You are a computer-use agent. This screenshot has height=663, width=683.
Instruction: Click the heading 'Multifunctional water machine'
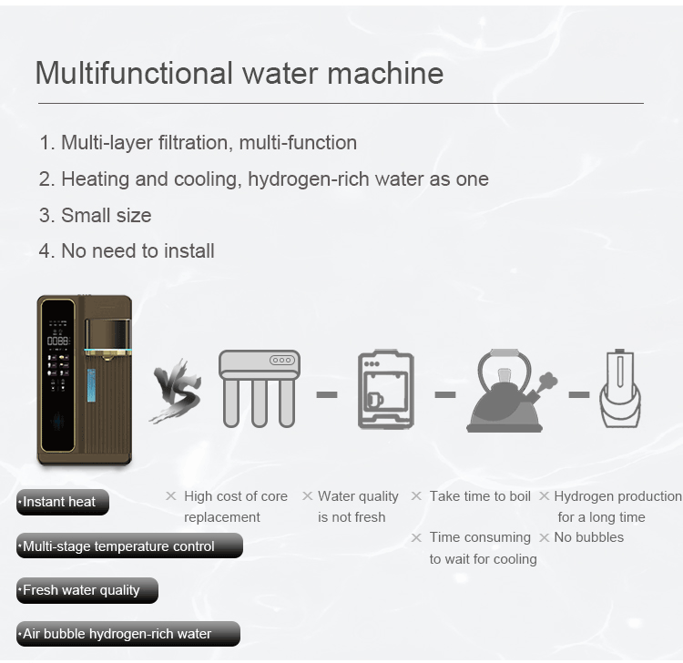pos(239,73)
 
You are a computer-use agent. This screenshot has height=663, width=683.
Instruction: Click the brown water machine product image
pos(85,379)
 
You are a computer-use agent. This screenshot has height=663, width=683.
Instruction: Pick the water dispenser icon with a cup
pos(386,390)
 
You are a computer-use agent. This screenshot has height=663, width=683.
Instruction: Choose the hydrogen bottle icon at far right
pos(620,389)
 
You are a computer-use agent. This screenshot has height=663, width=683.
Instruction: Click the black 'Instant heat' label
pos(62,502)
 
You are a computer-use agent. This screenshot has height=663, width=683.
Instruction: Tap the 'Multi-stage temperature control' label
pos(128,546)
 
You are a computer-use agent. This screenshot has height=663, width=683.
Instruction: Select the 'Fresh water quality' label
pos(87,590)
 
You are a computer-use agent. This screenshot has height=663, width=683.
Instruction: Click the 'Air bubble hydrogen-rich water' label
pos(127,634)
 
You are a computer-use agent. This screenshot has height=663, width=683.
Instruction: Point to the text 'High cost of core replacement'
pos(235,506)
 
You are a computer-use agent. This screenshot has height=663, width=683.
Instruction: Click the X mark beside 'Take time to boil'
pos(416,496)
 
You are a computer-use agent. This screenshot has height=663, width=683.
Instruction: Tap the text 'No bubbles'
pos(588,537)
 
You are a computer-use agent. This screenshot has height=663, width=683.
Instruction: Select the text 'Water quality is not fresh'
pos(357,506)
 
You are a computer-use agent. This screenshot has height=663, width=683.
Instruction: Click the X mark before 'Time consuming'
pos(416,537)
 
